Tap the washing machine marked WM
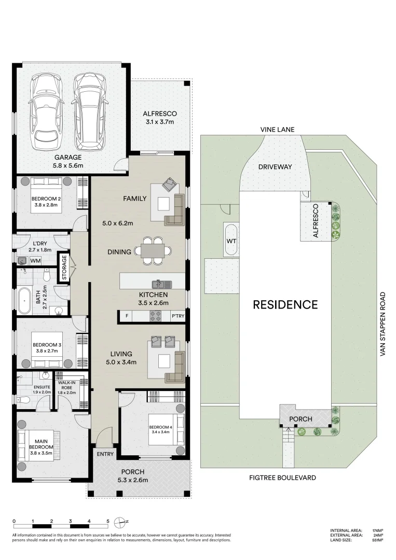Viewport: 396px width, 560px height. (36, 260)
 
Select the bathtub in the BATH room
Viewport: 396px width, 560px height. (24, 300)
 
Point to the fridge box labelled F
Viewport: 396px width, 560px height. (126, 316)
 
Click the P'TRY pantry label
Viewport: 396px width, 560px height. (177, 316)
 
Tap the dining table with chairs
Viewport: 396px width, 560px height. (153, 251)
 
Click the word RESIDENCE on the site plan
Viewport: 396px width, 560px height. (285, 304)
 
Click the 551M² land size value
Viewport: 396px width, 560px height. (377, 540)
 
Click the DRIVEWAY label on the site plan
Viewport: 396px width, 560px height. (275, 167)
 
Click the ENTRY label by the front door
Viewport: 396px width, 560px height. (105, 454)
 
